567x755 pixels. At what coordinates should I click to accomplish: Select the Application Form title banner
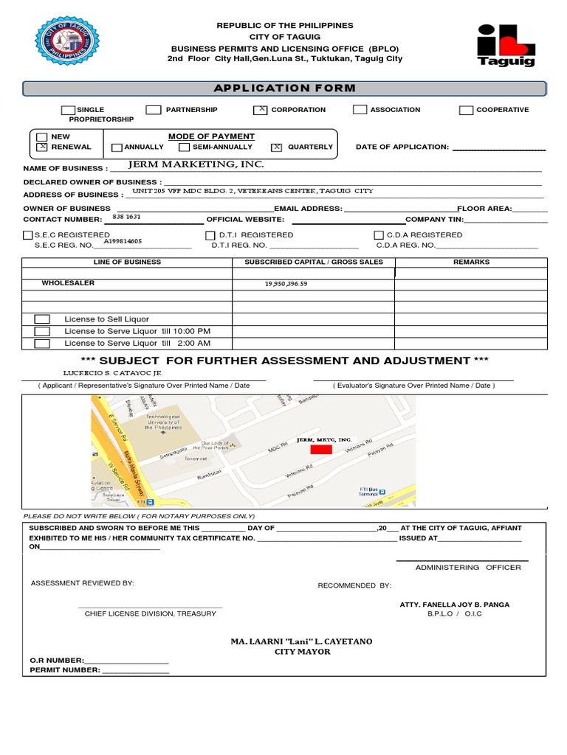click(284, 88)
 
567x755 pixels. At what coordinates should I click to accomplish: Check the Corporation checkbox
click(260, 110)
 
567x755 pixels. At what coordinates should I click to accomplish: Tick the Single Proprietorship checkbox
click(68, 110)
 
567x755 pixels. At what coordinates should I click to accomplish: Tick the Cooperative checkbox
click(466, 111)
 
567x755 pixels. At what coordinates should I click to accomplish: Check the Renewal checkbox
click(42, 147)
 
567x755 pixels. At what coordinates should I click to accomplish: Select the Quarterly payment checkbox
click(277, 147)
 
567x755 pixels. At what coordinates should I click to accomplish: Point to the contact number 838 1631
click(126, 217)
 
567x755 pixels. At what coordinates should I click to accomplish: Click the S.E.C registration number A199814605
click(123, 241)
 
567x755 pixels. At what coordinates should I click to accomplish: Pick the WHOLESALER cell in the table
click(68, 283)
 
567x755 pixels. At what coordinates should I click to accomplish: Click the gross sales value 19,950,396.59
click(285, 284)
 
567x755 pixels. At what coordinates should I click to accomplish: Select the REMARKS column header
click(471, 262)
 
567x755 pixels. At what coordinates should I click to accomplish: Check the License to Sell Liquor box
click(43, 319)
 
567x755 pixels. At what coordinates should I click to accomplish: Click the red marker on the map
click(320, 449)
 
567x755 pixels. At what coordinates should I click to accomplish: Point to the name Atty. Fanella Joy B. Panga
click(454, 605)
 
